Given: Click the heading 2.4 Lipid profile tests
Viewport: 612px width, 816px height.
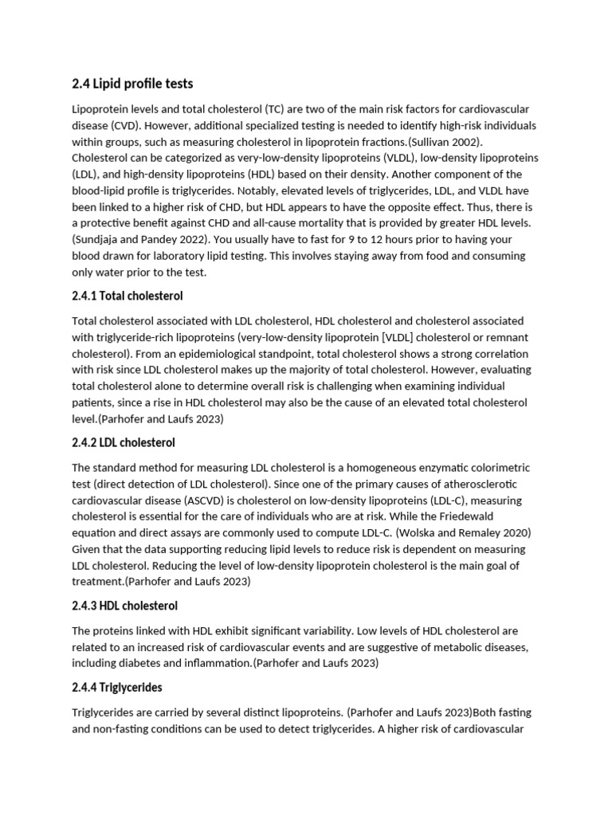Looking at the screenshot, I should (x=132, y=84).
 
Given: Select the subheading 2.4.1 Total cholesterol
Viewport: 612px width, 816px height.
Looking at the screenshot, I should (x=127, y=296).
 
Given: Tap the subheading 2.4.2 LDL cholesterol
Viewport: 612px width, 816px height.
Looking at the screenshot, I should (x=124, y=442).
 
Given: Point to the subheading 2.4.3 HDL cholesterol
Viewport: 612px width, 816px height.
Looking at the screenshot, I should (x=124, y=606).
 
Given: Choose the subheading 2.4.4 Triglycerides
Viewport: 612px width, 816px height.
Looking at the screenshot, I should (x=117, y=687).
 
